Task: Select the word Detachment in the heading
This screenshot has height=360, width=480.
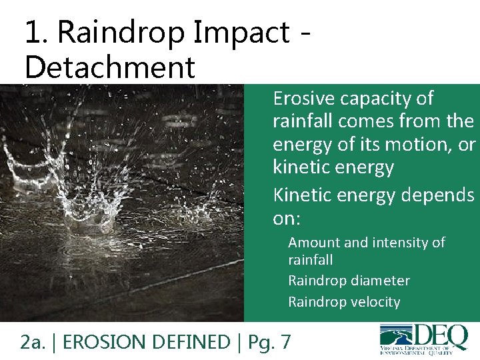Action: click(x=109, y=67)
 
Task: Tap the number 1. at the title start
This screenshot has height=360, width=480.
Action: click(x=37, y=32)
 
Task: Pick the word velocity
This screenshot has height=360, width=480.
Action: click(x=369, y=302)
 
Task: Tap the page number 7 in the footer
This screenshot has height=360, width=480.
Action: click(x=285, y=342)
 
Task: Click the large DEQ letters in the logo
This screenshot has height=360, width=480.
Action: click(x=440, y=337)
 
